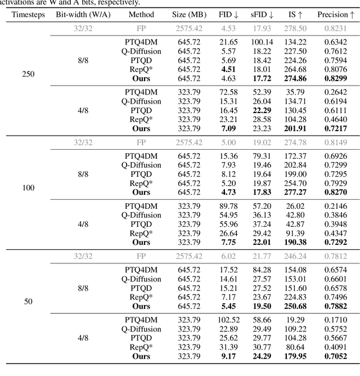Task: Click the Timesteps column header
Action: click(x=27, y=14)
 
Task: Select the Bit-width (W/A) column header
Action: click(x=82, y=14)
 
